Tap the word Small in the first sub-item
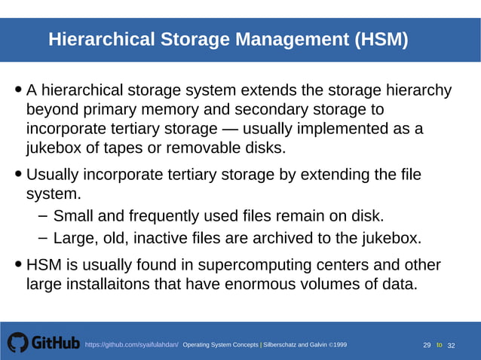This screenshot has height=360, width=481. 73,216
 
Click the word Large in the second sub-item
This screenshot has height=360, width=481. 74,239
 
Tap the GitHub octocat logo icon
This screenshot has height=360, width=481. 18,343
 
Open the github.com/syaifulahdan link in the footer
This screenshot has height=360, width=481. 131,345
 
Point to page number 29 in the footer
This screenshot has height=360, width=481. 427,345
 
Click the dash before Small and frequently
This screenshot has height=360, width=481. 43,216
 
